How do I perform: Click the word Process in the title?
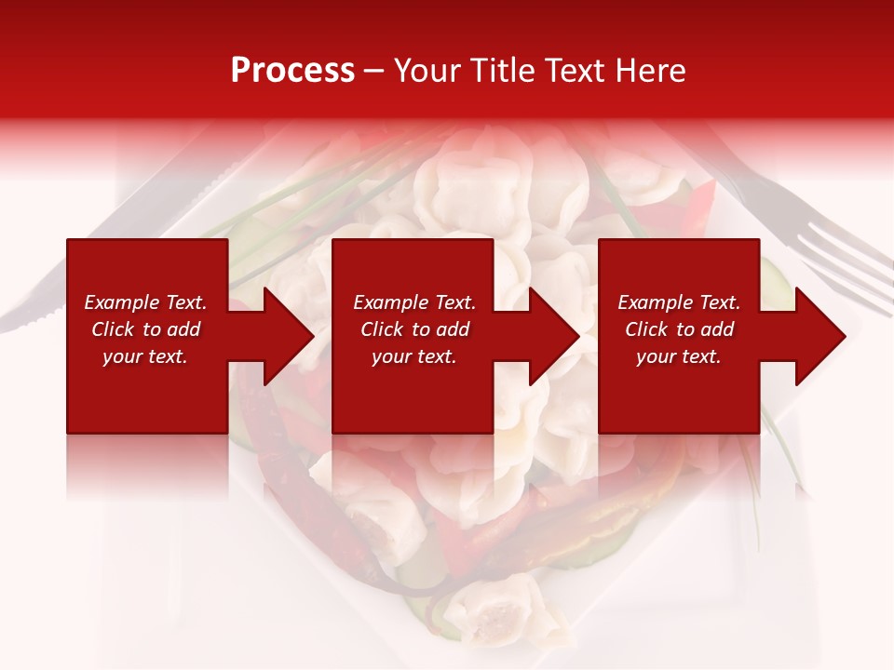pos(292,70)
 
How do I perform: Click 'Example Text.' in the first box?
pos(145,302)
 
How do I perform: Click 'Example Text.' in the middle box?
pos(413,302)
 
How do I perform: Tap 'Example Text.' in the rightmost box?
pos(679,302)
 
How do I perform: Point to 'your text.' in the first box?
pos(145,356)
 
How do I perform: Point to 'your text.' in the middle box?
pos(413,356)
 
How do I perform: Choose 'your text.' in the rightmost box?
pos(679,356)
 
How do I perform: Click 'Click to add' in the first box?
pos(145,329)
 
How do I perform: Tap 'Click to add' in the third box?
pos(679,329)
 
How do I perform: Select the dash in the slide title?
pos(373,72)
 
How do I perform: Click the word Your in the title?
pos(427,70)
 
